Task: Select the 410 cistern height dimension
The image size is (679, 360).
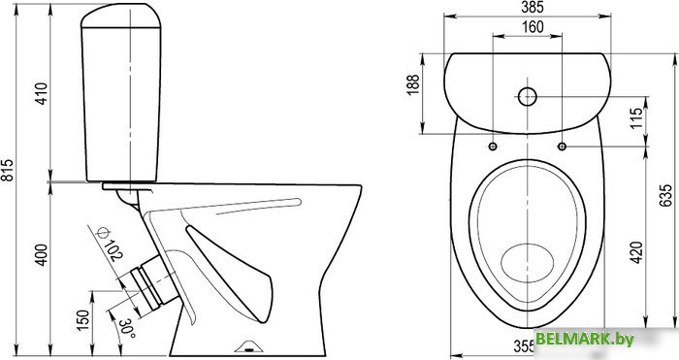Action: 42,93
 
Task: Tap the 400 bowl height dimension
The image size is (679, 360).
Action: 42,255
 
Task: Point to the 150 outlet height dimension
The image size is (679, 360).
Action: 82,320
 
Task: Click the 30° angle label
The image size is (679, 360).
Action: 127,328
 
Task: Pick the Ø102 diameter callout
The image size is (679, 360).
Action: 110,244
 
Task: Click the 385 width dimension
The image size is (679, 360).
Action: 532,7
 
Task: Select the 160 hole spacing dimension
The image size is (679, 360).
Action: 532,27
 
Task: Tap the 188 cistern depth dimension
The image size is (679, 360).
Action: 413,85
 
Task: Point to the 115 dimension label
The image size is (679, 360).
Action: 636,118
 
